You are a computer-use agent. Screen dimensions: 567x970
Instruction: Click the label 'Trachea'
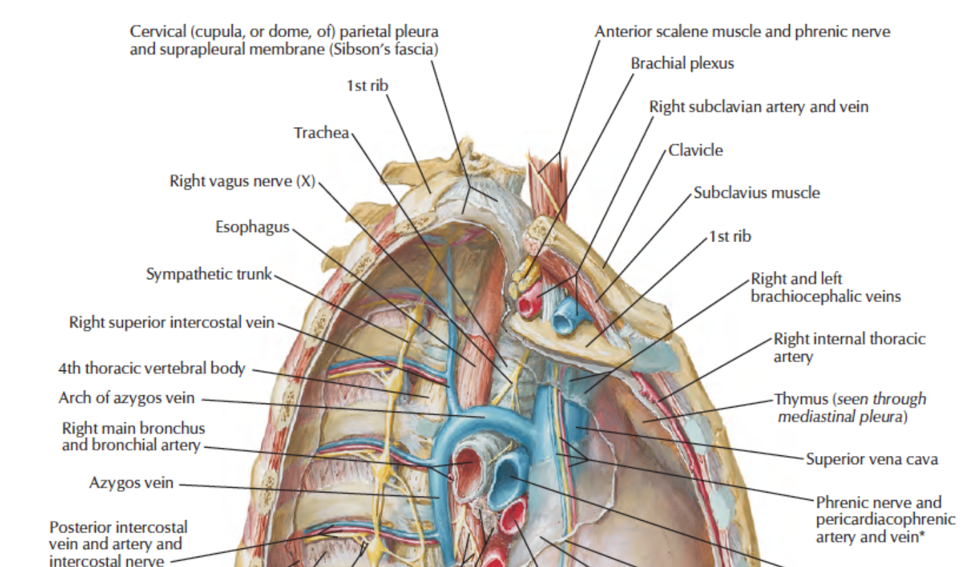pos(321,132)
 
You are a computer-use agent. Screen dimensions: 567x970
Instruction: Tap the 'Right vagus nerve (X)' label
pos(241,181)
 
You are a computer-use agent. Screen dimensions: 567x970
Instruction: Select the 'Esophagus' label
pos(252,228)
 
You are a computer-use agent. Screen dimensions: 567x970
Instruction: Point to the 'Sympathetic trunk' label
pos(209,275)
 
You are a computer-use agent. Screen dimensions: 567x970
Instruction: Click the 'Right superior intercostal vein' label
pos(171,322)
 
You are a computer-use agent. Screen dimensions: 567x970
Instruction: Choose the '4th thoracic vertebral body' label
pos(151,368)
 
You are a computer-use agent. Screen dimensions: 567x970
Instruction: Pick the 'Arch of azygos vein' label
pos(126,399)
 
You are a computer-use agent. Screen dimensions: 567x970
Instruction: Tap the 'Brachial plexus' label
pos(682,63)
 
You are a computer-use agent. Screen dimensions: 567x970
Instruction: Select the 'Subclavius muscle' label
pos(756,192)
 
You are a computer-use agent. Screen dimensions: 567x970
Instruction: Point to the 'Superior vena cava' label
pos(871,459)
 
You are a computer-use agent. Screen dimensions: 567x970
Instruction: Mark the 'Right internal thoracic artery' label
pos(849,347)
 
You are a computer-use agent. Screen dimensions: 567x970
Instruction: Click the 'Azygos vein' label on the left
pos(131,483)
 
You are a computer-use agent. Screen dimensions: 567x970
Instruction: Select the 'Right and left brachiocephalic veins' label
pos(825,288)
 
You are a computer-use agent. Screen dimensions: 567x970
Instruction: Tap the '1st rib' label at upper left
pos(368,86)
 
